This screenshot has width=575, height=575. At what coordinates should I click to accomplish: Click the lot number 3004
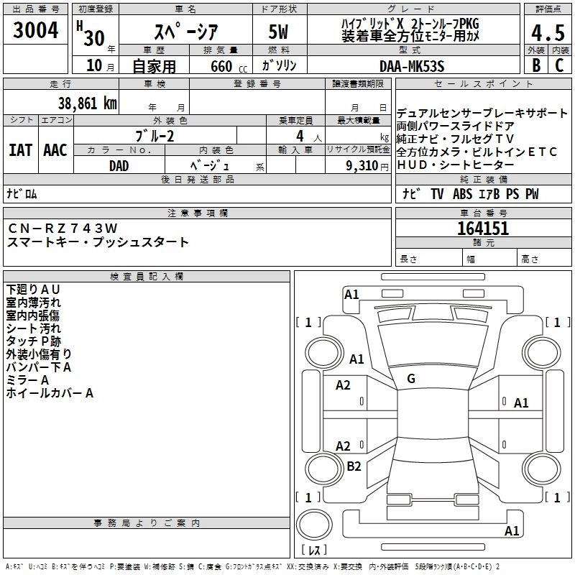(36, 29)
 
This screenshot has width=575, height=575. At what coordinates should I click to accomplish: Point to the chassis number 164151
(482, 229)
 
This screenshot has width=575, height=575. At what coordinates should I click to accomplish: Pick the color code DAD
(119, 165)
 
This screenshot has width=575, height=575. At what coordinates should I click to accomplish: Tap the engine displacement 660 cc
(216, 67)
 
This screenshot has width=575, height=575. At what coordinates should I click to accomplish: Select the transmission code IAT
(21, 149)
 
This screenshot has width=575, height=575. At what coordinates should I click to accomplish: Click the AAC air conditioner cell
(55, 149)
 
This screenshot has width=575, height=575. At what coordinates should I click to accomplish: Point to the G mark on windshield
(411, 379)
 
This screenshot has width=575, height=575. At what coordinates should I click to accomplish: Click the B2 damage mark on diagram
(354, 466)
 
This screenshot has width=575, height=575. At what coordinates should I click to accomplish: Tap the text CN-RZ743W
(63, 229)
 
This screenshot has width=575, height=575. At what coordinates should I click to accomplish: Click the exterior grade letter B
(535, 65)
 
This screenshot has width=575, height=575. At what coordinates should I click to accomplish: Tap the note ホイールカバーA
(50, 394)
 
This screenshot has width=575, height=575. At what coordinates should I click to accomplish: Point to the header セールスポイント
(482, 84)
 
